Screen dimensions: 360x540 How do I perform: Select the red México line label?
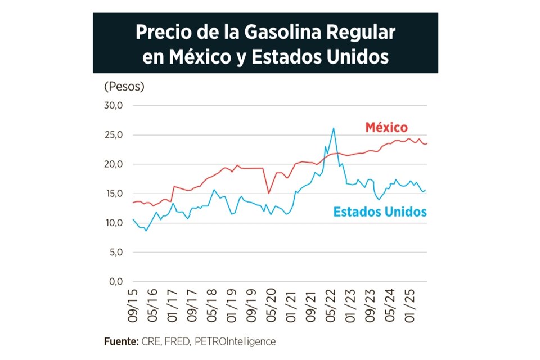coord(386,127)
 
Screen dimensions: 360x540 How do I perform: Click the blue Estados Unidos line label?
coord(380,212)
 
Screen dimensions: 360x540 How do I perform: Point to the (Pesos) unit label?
coord(124,87)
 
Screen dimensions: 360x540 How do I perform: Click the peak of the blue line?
coord(334,128)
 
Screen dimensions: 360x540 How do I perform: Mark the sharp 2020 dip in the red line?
coord(269,193)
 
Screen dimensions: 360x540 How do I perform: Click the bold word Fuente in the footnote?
coord(120,341)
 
